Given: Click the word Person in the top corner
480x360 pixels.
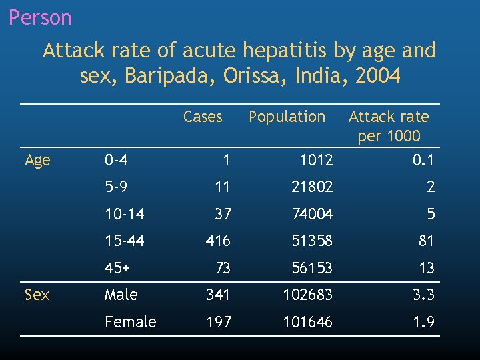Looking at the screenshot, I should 40,17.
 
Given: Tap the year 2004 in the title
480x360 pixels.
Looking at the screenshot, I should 378,76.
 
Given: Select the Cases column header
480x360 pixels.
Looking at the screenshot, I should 202,117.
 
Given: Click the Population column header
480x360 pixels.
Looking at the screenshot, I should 287,117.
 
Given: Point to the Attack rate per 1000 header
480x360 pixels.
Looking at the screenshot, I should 389,126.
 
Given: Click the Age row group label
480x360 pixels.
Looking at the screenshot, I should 37,160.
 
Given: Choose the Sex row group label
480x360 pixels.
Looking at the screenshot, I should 37,295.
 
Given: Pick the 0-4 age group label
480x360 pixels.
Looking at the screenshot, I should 117,160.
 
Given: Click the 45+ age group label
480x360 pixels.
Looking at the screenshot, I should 117,268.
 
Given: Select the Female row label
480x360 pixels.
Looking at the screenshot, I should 130,322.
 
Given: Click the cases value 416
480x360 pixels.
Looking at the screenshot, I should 218,241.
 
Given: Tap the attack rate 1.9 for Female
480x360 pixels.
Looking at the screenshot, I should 423,322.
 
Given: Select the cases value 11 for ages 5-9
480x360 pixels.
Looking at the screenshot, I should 222,187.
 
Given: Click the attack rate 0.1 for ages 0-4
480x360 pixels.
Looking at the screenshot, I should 423,160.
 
